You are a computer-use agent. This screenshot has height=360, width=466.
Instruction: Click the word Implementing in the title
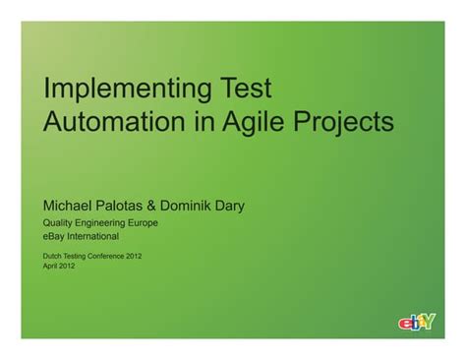pyautogui.click(x=127, y=90)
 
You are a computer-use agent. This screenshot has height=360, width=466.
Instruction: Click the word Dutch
pyautogui.click(x=54, y=256)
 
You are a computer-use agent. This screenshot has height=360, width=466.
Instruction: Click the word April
pyautogui.click(x=52, y=267)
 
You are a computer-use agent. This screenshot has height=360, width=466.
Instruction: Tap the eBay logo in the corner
pyautogui.click(x=418, y=322)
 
